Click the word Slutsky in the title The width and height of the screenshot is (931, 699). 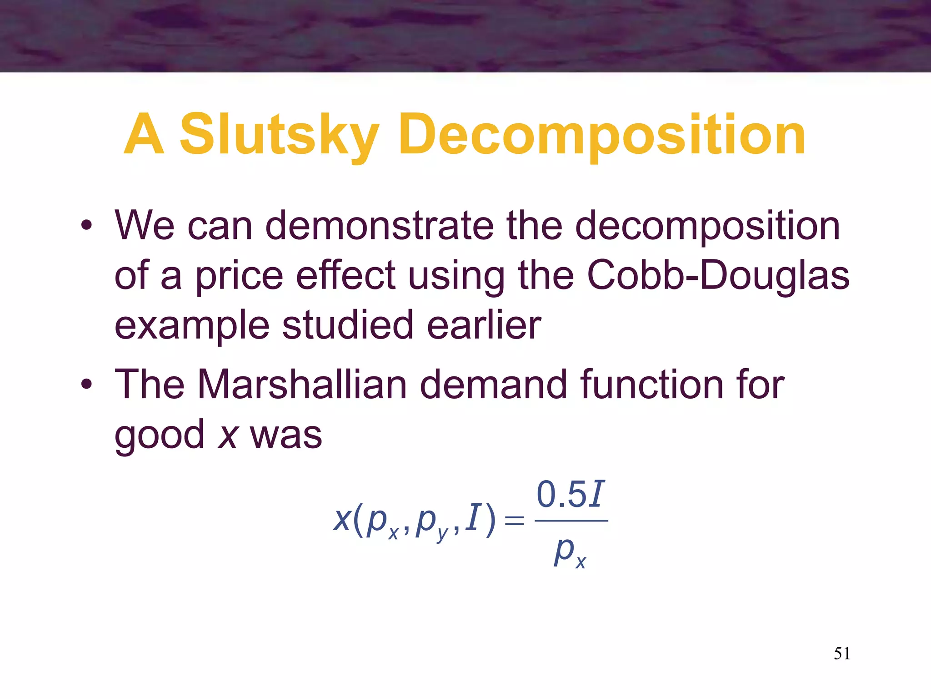(x=279, y=136)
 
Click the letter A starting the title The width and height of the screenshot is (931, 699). (x=144, y=136)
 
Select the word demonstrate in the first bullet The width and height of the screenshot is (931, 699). (x=379, y=226)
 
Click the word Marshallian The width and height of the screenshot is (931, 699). (x=302, y=385)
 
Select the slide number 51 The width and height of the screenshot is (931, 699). (x=842, y=653)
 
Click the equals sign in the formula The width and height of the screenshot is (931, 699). (x=515, y=520)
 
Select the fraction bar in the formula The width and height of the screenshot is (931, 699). (x=571, y=521)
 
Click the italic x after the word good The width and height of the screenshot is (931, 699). (x=227, y=436)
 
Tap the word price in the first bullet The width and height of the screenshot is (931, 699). (x=240, y=276)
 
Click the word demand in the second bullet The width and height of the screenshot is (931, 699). (x=493, y=385)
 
